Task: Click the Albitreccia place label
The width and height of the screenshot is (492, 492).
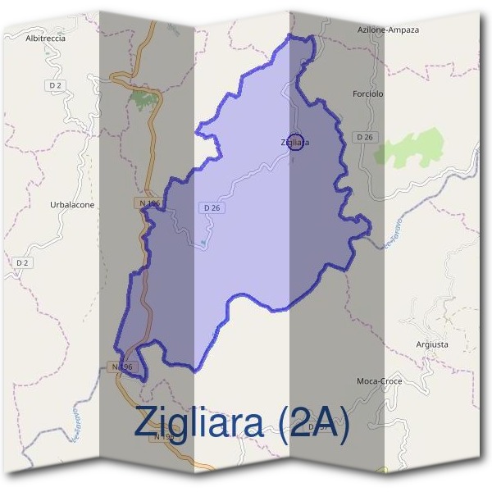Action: click(x=45, y=38)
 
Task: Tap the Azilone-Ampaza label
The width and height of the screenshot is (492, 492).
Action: click(x=389, y=30)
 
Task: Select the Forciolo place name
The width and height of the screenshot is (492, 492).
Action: click(x=367, y=94)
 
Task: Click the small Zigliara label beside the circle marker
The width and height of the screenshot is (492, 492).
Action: click(x=294, y=142)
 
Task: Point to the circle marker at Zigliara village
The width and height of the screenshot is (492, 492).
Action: click(x=297, y=142)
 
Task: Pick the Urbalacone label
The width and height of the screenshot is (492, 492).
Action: click(x=72, y=204)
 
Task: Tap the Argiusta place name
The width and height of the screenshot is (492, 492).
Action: click(x=432, y=344)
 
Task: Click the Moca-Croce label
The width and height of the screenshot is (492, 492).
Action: click(x=378, y=381)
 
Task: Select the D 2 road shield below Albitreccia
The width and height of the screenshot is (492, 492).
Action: click(x=56, y=84)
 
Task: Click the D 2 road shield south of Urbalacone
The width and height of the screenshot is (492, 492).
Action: click(x=23, y=262)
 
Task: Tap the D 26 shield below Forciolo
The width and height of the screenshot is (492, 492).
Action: click(x=365, y=137)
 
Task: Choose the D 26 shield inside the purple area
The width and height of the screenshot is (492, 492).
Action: click(x=211, y=208)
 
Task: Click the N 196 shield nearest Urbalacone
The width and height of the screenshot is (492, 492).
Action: click(x=149, y=202)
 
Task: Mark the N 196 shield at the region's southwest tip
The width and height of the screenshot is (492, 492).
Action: click(x=121, y=367)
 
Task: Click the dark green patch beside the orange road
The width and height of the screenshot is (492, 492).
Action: click(x=144, y=100)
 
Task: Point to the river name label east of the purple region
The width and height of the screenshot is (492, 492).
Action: click(x=394, y=231)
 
